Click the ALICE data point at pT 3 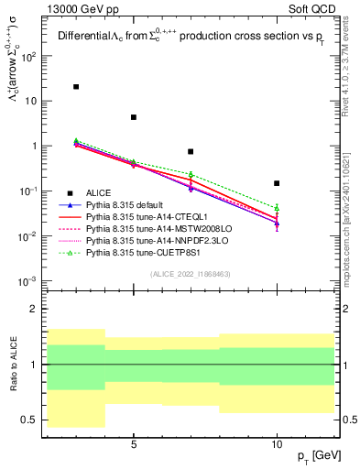pyautogui.click(x=76, y=87)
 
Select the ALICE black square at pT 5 pyautogui.click(x=134, y=117)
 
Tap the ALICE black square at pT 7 pyautogui.click(x=191, y=151)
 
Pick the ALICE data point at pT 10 pyautogui.click(x=277, y=183)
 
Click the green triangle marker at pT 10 pyautogui.click(x=277, y=208)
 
